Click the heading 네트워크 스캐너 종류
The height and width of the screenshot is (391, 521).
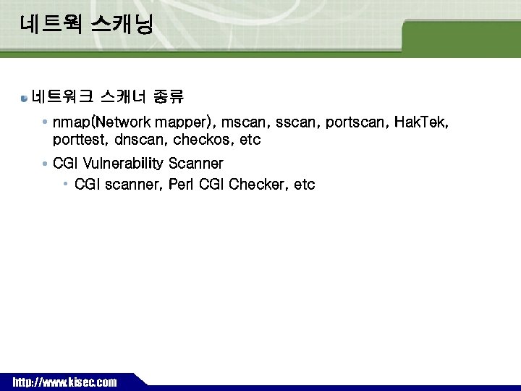click(x=108, y=96)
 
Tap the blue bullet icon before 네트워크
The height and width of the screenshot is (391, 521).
click(x=25, y=97)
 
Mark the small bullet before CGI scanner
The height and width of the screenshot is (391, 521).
click(x=66, y=184)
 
